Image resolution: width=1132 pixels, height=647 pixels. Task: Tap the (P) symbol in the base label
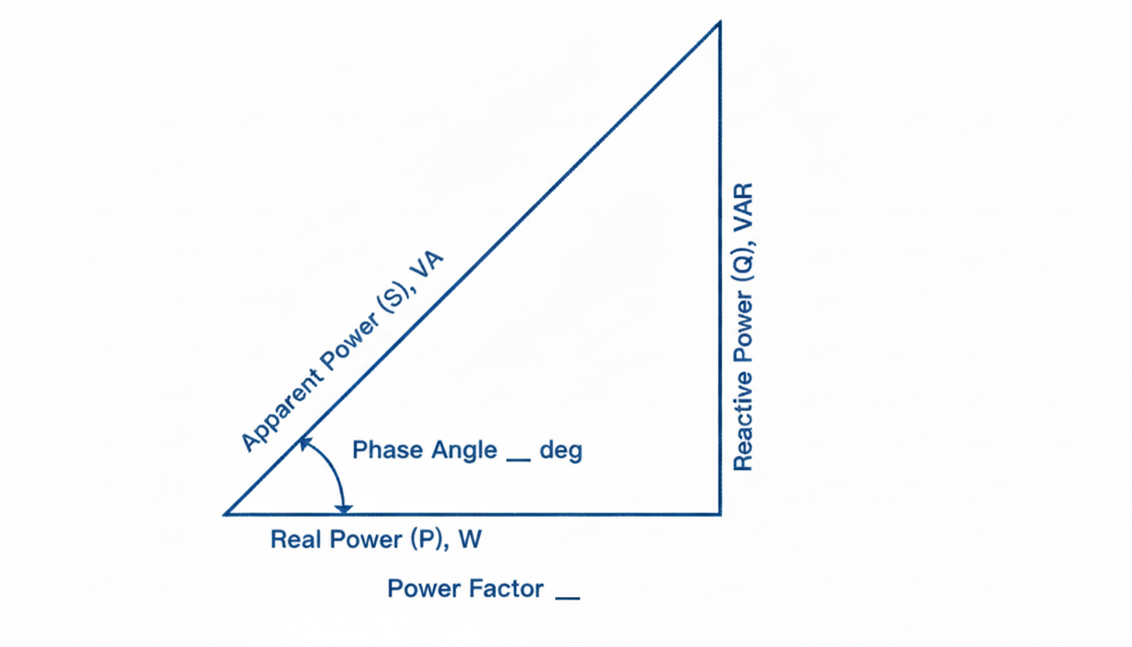coord(426,539)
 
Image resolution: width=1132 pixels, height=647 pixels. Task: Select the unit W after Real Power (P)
coord(470,539)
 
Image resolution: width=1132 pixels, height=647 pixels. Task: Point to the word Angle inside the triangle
coord(464,450)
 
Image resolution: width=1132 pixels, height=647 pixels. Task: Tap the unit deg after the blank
coord(561,450)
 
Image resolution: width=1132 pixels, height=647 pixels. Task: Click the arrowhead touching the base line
coord(343,507)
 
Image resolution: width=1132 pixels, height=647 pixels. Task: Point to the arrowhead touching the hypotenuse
coord(304,442)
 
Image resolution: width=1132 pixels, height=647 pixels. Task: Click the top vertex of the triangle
coord(719,23)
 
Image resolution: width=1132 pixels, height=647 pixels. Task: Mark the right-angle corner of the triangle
coord(719,513)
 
